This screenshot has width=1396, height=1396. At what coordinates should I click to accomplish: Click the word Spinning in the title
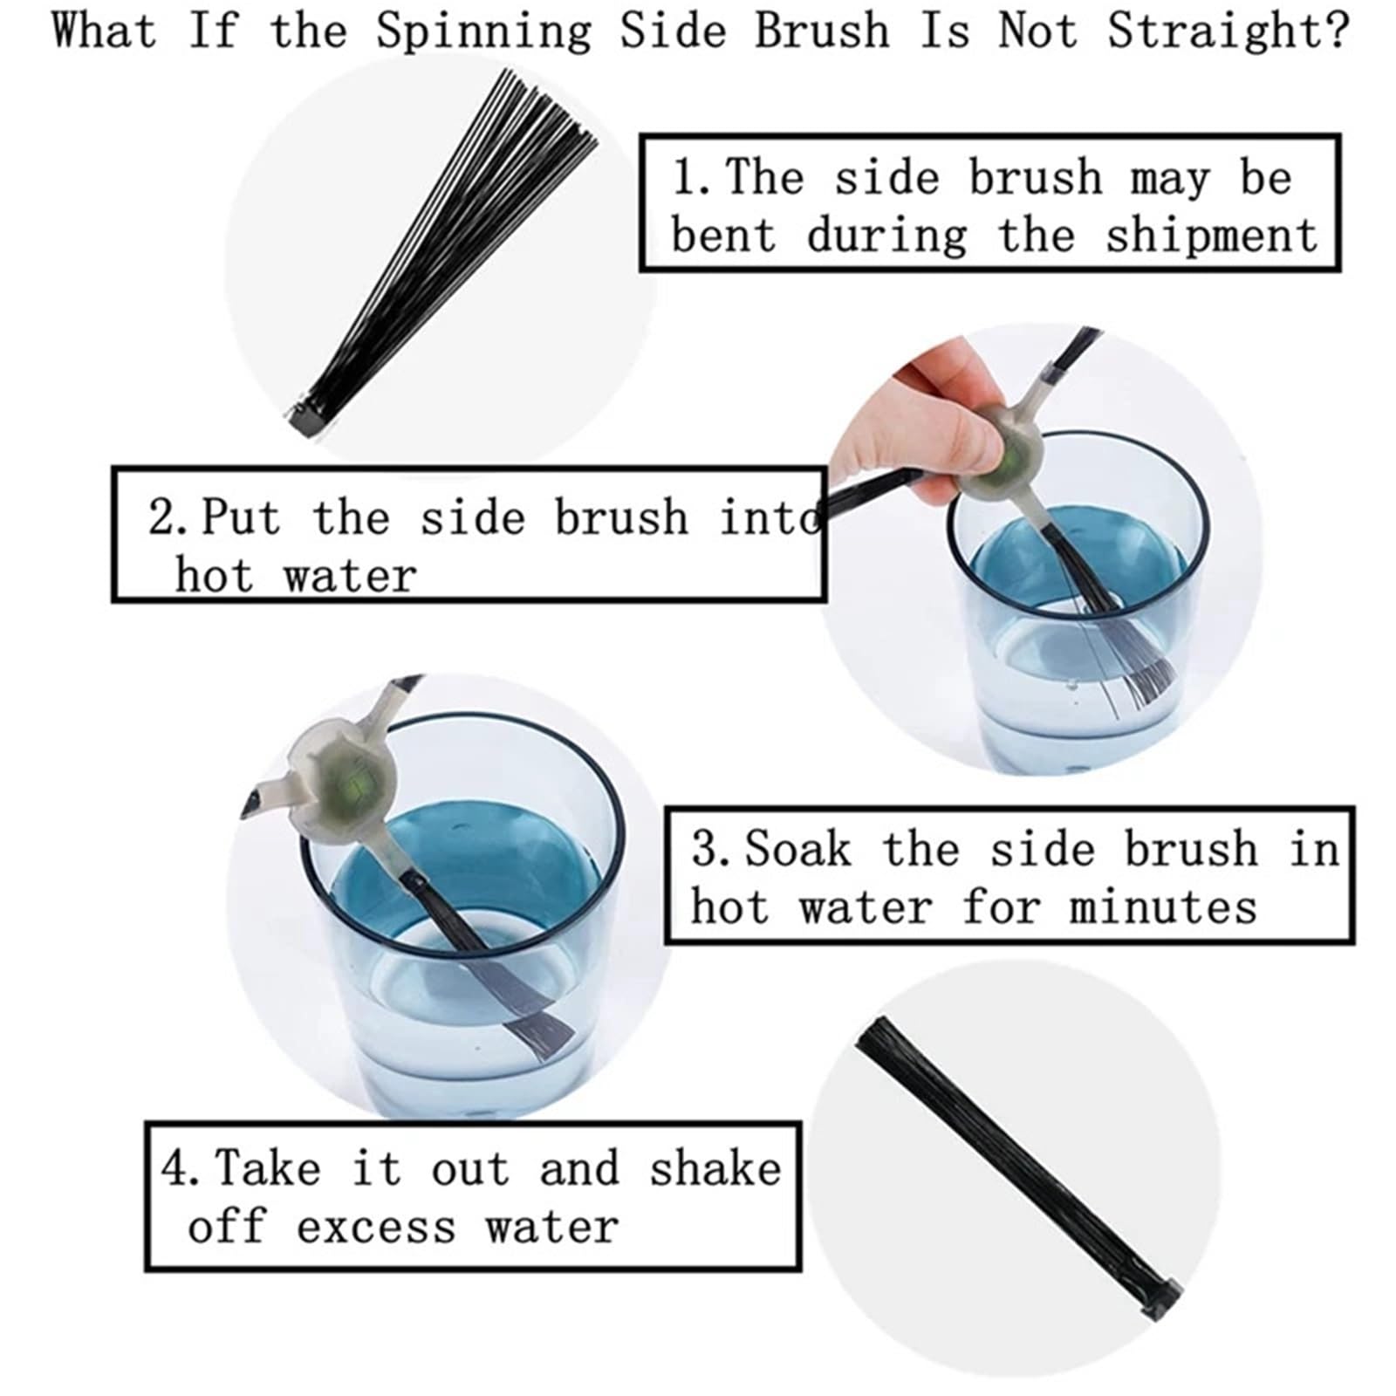click(483, 32)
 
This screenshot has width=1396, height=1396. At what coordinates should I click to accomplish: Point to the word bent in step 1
click(723, 236)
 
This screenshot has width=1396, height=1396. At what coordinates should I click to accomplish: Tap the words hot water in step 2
click(296, 575)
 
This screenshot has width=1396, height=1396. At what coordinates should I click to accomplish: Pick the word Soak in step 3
click(797, 849)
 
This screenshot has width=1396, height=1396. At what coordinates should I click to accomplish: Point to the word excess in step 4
click(376, 1227)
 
